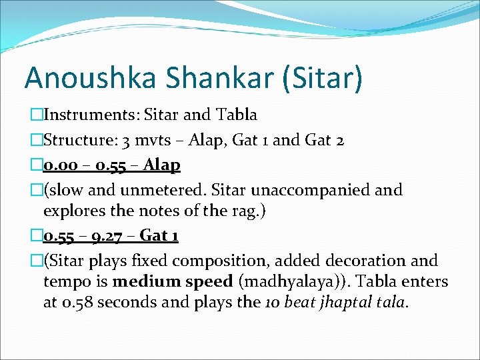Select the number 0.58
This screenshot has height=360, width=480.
coord(76,302)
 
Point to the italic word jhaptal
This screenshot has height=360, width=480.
coord(349,302)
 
